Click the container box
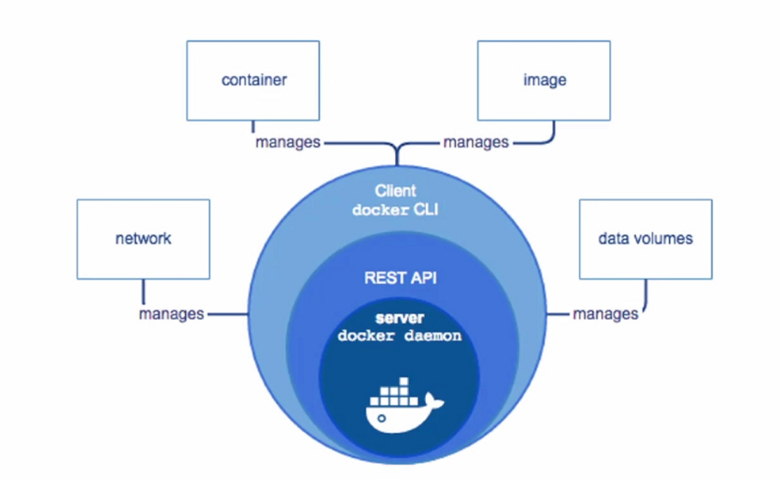click(x=253, y=80)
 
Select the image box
click(x=545, y=80)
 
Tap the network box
click(x=143, y=239)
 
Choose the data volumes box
click(x=645, y=239)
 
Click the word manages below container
click(x=287, y=142)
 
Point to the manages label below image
click(x=476, y=142)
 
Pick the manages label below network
click(x=171, y=314)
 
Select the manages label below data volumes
click(x=606, y=314)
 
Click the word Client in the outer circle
click(x=395, y=192)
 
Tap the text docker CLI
click(x=395, y=210)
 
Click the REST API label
click(x=400, y=278)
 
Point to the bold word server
click(x=399, y=318)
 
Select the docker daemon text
click(x=399, y=336)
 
